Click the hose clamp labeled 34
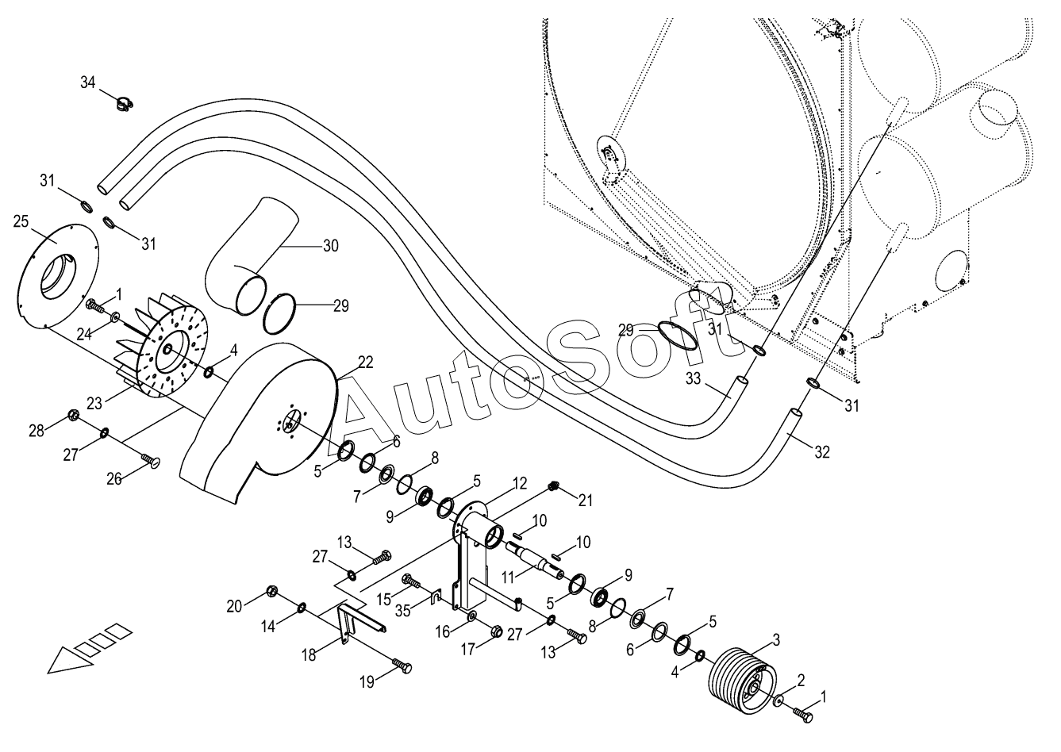coord(125,102)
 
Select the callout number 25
coord(21,221)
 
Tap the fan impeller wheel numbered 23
coord(162,350)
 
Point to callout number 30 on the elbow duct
coord(331,246)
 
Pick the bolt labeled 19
coord(402,666)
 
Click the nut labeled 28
coord(73,416)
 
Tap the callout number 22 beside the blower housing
coord(365,363)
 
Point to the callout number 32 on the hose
coord(822,452)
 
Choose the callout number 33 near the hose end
coord(694,379)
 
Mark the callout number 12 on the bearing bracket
coord(519,484)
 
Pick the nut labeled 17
coord(497,631)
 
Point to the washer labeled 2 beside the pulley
coord(778,700)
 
